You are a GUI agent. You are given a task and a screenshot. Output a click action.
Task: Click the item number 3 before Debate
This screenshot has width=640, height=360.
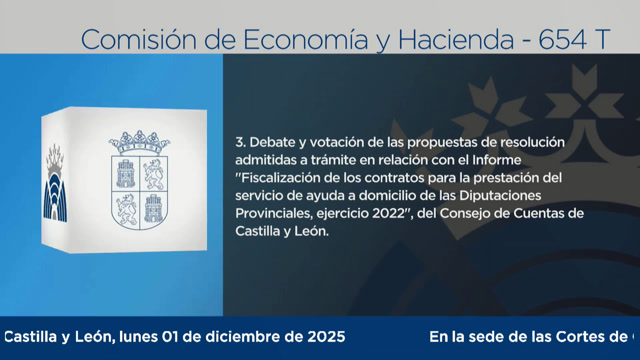(x=239, y=142)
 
